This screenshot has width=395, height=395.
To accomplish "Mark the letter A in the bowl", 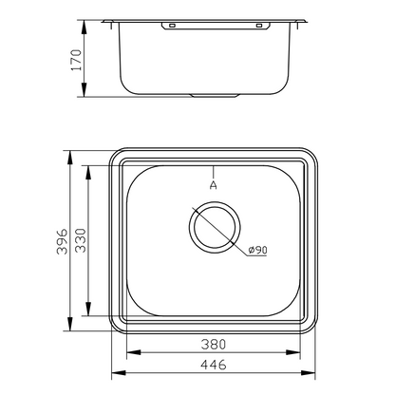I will point(214,187).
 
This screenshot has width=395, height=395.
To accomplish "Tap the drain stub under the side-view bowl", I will point(215,96).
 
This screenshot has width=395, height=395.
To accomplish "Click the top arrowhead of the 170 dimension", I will point(85,22).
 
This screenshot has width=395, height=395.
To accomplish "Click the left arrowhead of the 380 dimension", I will point(128,351).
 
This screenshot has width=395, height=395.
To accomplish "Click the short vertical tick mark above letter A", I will point(215,170).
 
